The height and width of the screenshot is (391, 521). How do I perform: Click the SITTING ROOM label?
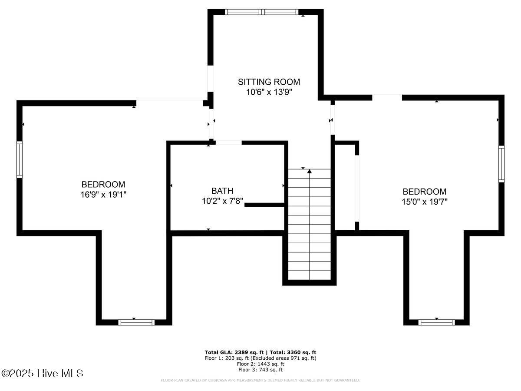click(269, 82)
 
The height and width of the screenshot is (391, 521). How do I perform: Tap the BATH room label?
click(222, 191)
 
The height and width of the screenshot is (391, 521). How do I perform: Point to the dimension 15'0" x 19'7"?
click(424, 202)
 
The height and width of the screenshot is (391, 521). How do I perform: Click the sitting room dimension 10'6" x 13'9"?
click(269, 92)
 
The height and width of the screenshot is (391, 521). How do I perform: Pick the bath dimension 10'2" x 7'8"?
click(222, 201)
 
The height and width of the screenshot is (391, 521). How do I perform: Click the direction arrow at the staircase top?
click(310, 172)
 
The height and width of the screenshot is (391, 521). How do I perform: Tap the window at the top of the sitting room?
click(262, 12)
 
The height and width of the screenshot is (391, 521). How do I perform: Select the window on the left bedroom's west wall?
click(20, 159)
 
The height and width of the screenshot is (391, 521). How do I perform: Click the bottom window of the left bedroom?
click(136, 322)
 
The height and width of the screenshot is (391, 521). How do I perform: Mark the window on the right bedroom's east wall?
click(501, 164)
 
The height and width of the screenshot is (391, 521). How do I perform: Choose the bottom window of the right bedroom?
click(436, 322)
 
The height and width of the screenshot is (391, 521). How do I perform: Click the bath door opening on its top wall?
click(228, 142)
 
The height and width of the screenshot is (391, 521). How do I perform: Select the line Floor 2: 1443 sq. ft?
click(260, 364)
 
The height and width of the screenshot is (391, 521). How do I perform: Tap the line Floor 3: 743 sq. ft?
click(260, 370)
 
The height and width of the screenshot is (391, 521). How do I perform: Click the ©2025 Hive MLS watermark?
click(42, 373)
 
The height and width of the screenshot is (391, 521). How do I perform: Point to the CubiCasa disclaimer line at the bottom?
click(260, 381)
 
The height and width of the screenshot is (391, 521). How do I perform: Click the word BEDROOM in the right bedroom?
click(424, 192)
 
